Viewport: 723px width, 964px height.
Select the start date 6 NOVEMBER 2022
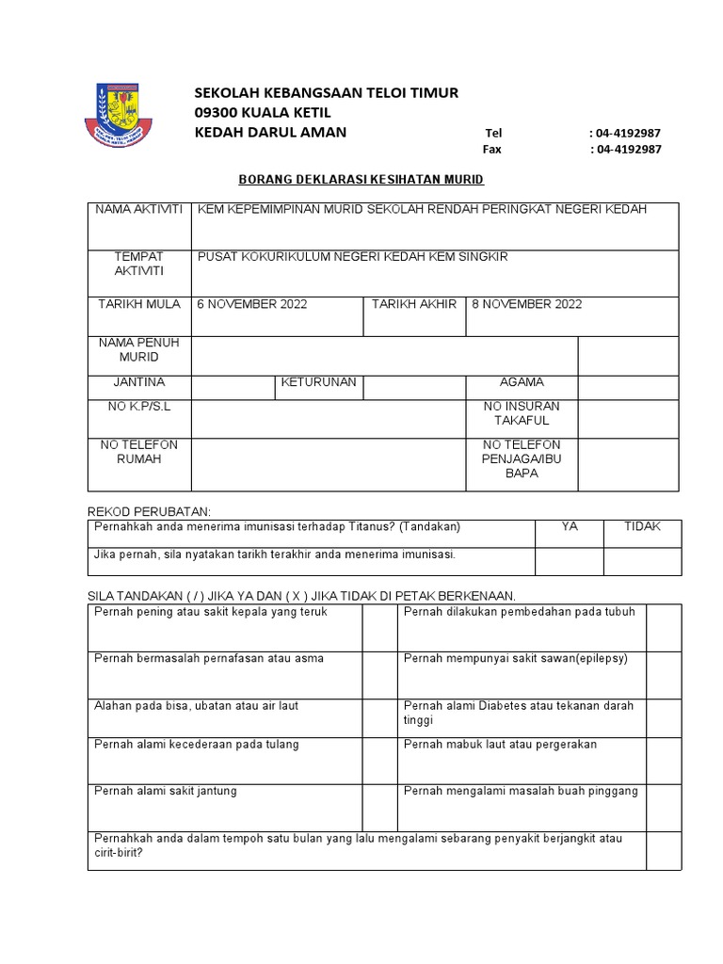click(x=252, y=304)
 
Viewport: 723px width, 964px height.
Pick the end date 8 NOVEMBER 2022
click(x=527, y=304)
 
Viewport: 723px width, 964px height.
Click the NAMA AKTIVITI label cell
click(x=138, y=209)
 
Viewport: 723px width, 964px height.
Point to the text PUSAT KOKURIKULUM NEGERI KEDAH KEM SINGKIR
click(x=352, y=257)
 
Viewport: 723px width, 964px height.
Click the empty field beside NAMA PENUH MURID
click(x=384, y=356)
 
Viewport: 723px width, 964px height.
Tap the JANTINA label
click(x=138, y=383)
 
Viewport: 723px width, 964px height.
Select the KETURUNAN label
click(x=318, y=383)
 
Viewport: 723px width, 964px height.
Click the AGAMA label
click(x=522, y=383)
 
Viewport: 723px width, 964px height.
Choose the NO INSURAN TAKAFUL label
click(x=522, y=412)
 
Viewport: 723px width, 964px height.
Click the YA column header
click(x=569, y=527)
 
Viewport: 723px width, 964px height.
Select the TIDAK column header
click(x=642, y=527)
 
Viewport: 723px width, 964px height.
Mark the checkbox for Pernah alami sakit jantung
click(x=379, y=806)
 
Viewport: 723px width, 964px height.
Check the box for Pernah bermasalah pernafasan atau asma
click(x=379, y=673)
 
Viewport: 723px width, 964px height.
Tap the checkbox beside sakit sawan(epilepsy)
click(x=663, y=673)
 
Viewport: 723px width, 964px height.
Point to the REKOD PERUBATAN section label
click(x=149, y=509)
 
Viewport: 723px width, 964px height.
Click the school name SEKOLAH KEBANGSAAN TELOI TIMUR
click(x=326, y=92)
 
